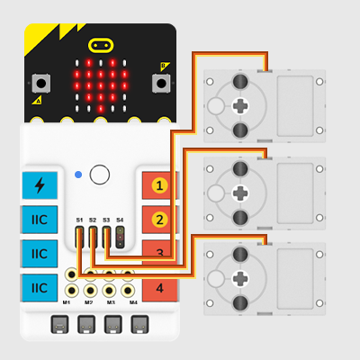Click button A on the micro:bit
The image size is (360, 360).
click(x=41, y=83)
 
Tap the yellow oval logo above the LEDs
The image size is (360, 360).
click(x=101, y=45)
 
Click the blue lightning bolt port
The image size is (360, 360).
click(x=40, y=185)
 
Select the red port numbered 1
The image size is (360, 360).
click(x=159, y=185)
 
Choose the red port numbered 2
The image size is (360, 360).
click(x=159, y=220)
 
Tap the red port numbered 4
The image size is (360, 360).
click(x=160, y=288)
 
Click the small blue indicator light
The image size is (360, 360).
click(x=78, y=175)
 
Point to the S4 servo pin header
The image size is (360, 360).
click(x=120, y=237)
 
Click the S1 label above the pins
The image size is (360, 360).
click(x=79, y=220)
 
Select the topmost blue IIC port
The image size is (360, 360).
click(x=40, y=220)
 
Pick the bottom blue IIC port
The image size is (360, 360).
click(x=40, y=288)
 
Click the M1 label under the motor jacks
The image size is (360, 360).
click(x=67, y=302)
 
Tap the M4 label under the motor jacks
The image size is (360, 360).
click(x=133, y=302)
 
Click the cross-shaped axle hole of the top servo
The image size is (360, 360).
click(x=240, y=106)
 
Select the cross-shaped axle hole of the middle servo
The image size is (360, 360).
click(x=240, y=193)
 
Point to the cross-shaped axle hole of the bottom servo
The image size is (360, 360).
click(x=240, y=278)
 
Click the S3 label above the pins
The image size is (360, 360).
click(x=106, y=220)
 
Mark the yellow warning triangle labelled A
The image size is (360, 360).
click(x=37, y=100)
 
